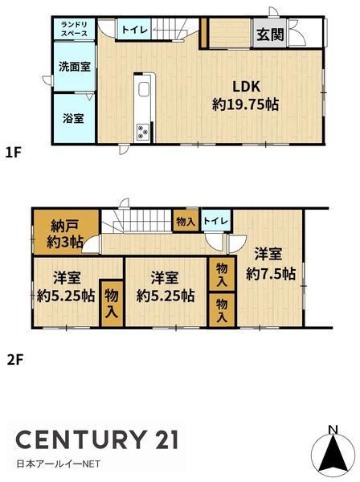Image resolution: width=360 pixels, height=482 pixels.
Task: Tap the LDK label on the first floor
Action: point(246,88)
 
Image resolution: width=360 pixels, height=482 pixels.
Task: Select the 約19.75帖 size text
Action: point(246,104)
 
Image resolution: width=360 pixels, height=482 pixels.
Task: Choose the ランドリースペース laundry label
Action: point(76,31)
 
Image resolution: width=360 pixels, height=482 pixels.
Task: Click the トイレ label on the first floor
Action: point(134,31)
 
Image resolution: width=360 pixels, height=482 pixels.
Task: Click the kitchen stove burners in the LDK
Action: point(144,131)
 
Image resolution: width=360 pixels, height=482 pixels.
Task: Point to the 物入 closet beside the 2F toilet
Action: point(184,220)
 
